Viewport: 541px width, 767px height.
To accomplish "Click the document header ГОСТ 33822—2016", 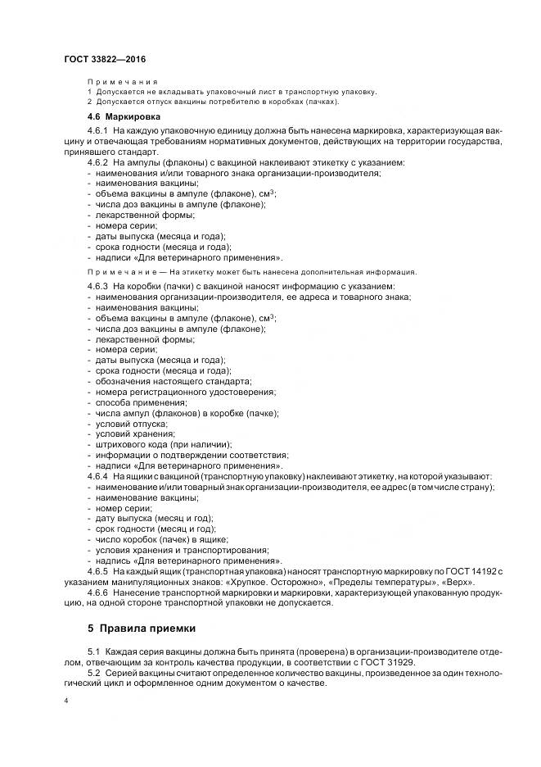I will coord(104,59).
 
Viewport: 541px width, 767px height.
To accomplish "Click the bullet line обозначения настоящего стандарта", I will coord(173,381).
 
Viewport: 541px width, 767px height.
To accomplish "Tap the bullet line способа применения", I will coord(136,402).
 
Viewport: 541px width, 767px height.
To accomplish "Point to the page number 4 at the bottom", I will coord(66,702).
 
